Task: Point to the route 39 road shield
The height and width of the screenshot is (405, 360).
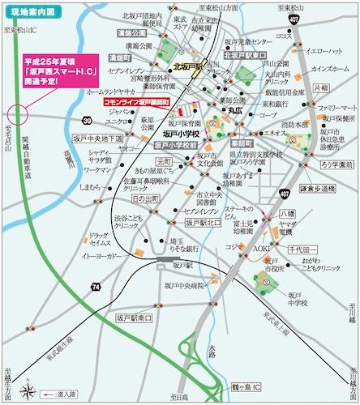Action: [x=86, y=119]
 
